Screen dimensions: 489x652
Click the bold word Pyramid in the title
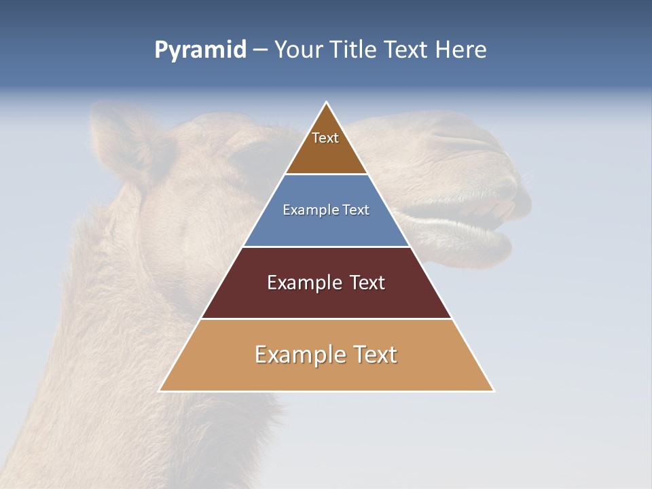[200, 50]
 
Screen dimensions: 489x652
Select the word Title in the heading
[353, 50]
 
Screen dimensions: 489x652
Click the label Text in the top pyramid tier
[325, 138]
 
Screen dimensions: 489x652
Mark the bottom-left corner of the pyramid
[160, 391]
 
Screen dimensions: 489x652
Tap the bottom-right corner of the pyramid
[493, 391]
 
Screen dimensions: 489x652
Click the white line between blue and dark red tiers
[326, 247]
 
